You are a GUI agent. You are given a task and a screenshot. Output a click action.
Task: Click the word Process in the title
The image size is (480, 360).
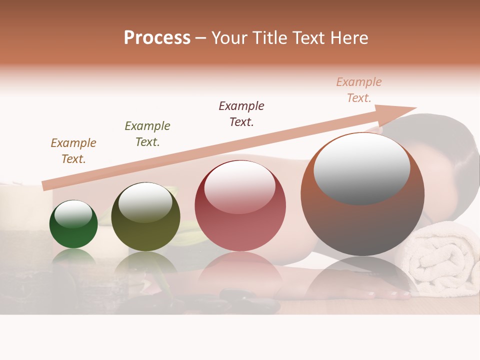(x=157, y=38)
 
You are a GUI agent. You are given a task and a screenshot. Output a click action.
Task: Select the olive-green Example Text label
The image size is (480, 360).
(x=147, y=134)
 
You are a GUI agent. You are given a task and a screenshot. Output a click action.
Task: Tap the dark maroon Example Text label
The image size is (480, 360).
(x=241, y=113)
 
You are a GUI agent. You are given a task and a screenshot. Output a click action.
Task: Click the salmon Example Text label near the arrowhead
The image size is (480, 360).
(x=359, y=90)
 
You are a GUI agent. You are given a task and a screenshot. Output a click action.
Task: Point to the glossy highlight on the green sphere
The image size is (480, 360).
(x=73, y=214)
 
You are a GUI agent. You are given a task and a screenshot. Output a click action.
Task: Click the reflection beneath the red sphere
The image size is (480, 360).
(x=240, y=270)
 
